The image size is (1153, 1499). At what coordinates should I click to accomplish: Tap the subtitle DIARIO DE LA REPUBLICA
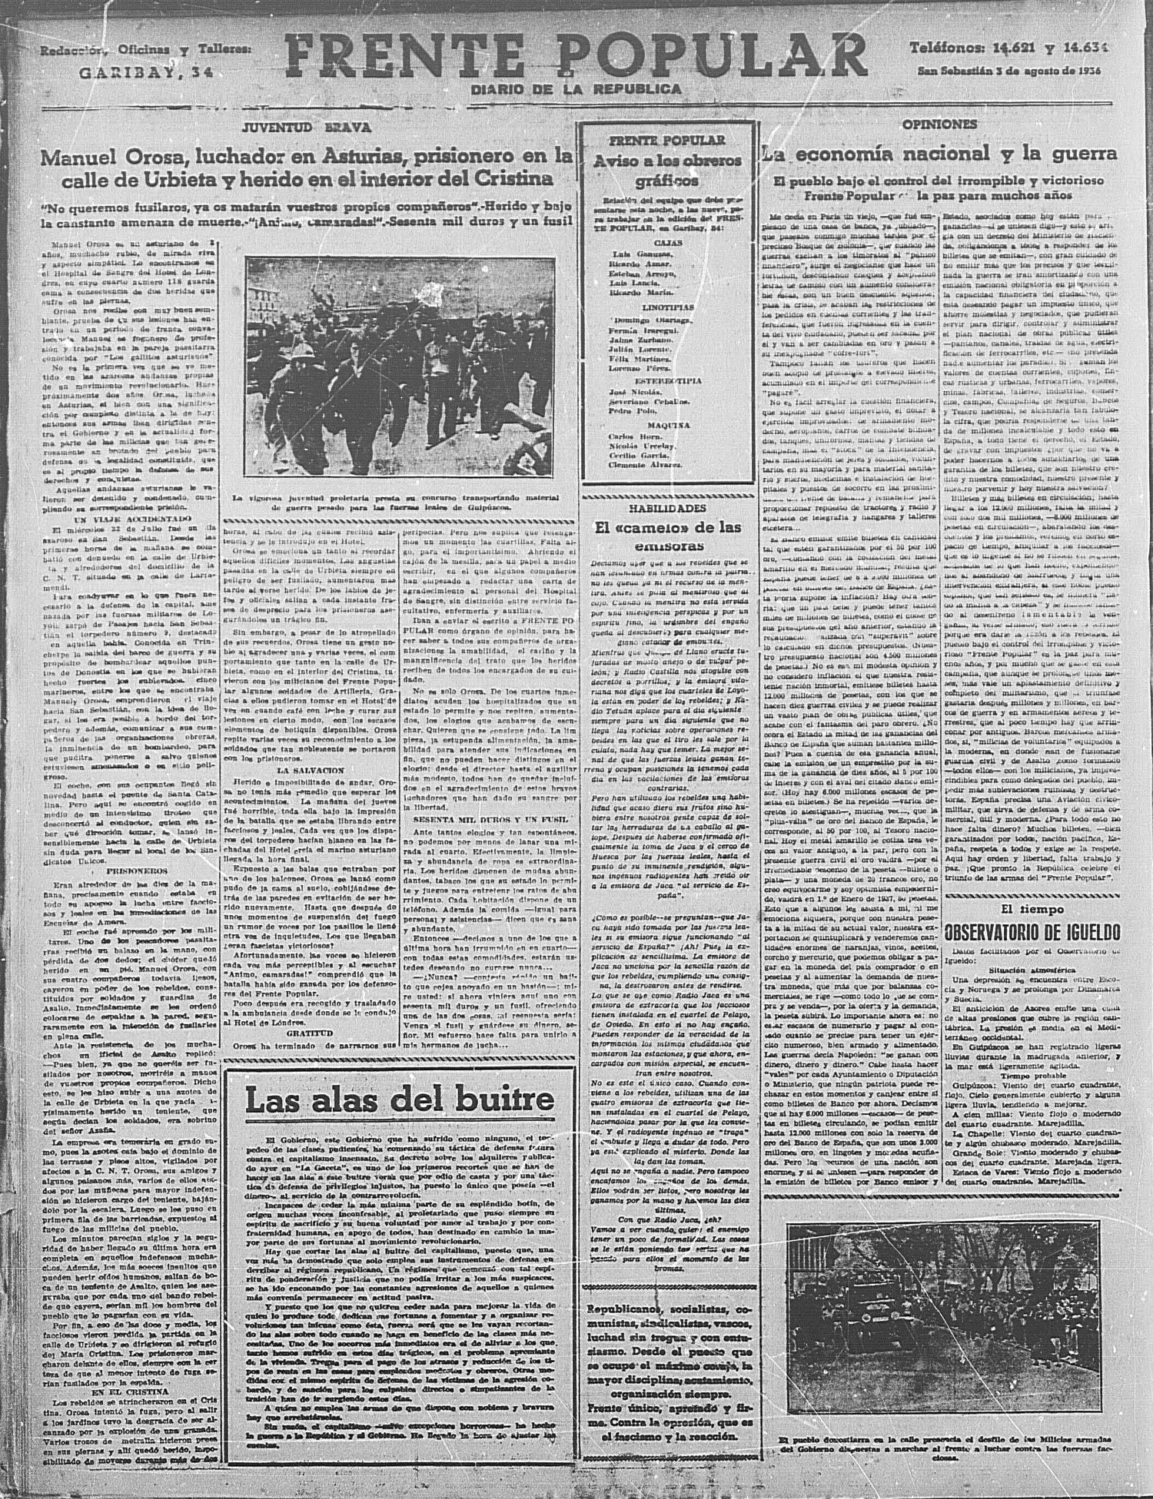click(576, 89)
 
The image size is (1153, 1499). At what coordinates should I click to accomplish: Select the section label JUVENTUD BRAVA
click(306, 126)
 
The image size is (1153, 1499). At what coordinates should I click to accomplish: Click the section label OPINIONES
click(939, 124)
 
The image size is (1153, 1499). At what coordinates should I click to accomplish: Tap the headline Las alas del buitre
click(399, 1099)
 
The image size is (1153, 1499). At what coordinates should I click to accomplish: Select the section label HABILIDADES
click(666, 509)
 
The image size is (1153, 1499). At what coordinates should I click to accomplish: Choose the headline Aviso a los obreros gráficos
click(666, 171)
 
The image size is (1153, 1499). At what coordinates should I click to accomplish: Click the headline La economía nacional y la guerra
click(939, 153)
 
